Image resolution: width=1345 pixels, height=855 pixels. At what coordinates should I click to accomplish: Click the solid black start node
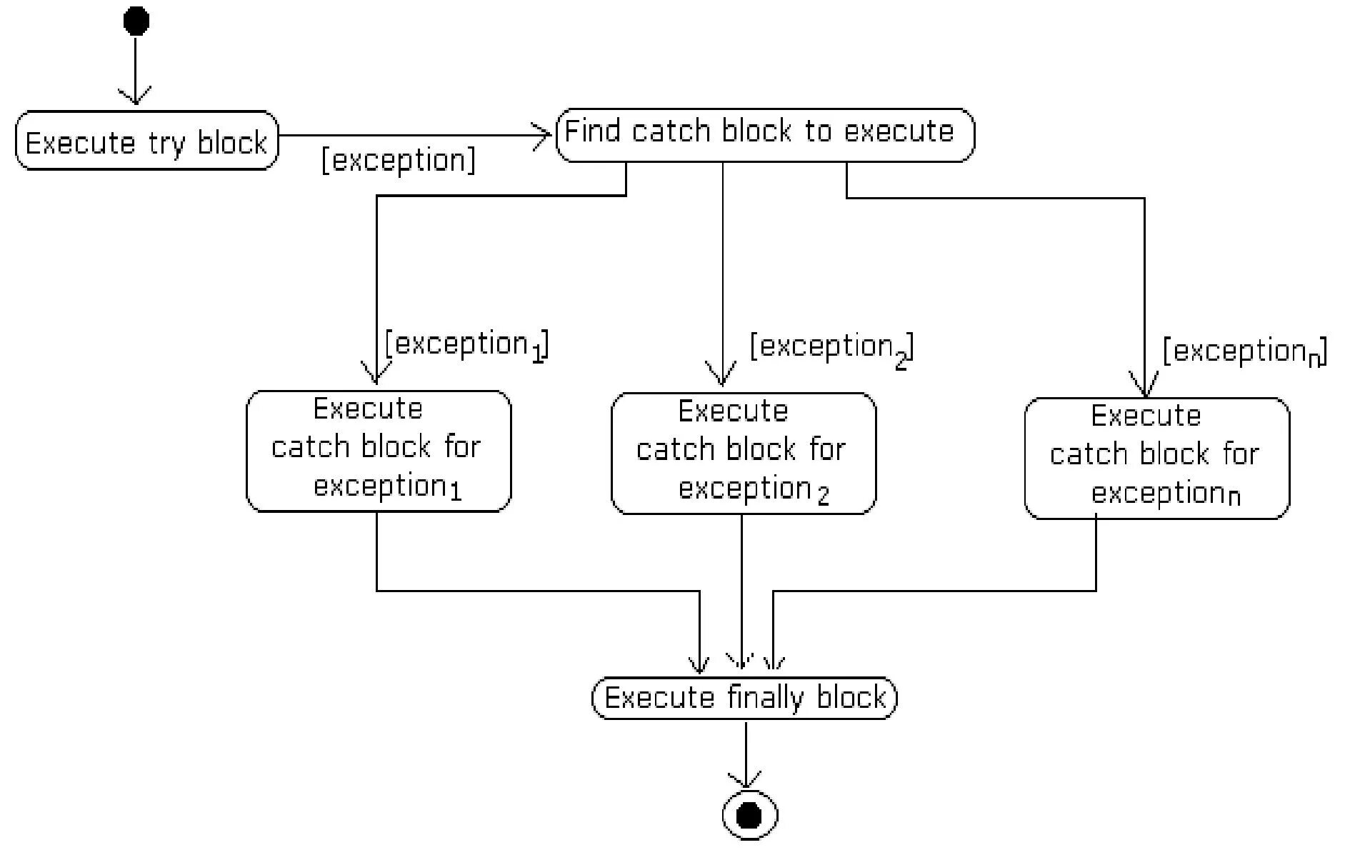tap(136, 21)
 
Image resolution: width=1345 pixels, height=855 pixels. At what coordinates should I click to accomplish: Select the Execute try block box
tap(146, 140)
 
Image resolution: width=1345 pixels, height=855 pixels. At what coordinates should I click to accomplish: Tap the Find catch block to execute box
tap(765, 135)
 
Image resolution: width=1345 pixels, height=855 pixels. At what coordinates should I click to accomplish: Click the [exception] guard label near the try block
tap(399, 159)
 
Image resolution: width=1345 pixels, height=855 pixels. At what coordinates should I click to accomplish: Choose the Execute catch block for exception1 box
tap(379, 451)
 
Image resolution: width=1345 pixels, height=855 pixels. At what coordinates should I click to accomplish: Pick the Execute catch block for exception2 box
tap(744, 453)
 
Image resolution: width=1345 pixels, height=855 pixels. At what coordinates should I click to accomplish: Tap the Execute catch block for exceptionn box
tap(1157, 458)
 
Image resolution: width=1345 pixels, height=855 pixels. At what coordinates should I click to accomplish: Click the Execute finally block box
tap(745, 698)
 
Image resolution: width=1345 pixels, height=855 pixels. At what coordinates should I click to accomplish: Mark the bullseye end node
tap(749, 815)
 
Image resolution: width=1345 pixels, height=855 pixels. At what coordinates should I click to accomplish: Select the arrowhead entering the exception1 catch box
tap(376, 374)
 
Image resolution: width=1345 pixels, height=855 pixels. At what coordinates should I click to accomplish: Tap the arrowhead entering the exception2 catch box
tap(721, 374)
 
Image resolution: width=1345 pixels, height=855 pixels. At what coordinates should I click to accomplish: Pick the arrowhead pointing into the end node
tap(746, 779)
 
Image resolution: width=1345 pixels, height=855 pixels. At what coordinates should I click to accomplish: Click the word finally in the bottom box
tap(766, 697)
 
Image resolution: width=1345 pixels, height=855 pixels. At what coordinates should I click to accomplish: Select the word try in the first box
tap(166, 144)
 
